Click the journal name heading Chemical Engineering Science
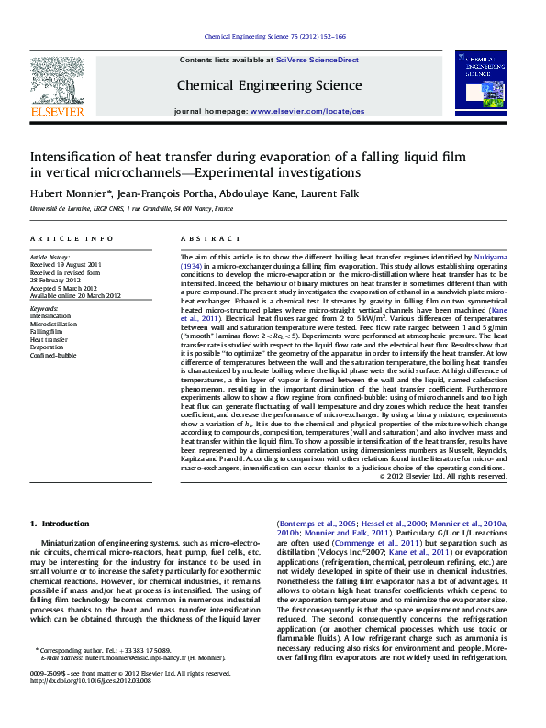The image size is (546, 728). point(269,85)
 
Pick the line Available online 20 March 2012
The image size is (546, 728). point(75,296)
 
